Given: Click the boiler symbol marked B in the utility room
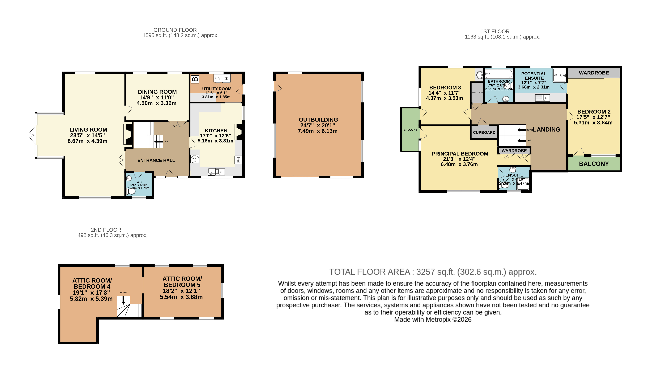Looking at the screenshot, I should [x=195, y=79].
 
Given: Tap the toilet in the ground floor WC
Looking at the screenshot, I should [x=131, y=191].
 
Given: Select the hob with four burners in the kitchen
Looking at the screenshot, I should [x=195, y=159].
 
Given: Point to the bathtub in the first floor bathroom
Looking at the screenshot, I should [x=499, y=74].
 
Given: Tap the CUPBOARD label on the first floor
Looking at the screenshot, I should [x=484, y=133].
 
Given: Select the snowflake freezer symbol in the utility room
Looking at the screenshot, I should [x=226, y=78].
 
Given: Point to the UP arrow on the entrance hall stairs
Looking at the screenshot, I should [x=158, y=142].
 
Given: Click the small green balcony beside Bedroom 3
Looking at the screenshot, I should [x=410, y=130].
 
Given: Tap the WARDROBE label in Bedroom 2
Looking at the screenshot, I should [x=594, y=73].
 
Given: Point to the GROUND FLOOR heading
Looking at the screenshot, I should [x=175, y=30].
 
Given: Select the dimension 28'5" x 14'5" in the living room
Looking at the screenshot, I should [x=87, y=135].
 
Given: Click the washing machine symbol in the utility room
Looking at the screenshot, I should [x=217, y=78].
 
